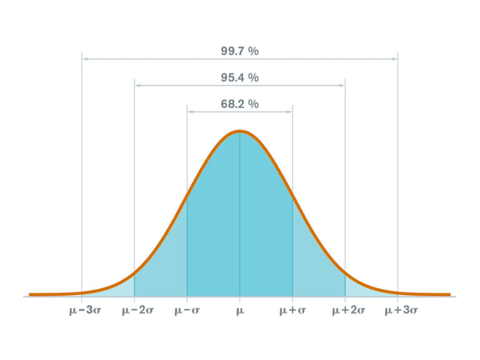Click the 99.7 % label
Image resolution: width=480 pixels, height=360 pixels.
(x=240, y=51)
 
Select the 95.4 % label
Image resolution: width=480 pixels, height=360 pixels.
(x=240, y=78)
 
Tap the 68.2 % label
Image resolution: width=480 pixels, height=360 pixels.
(x=240, y=104)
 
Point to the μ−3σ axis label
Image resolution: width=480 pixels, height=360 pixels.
(x=82, y=311)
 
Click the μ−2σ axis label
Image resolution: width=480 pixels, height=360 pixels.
(x=135, y=311)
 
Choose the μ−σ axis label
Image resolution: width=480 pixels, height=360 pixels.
(x=187, y=311)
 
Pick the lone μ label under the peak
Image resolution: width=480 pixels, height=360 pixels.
(x=240, y=311)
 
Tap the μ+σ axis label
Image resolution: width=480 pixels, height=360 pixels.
(x=292, y=311)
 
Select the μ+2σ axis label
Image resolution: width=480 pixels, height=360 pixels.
(x=345, y=311)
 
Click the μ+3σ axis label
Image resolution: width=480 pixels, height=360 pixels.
(x=398, y=311)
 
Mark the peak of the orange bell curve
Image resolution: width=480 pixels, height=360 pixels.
(x=240, y=131)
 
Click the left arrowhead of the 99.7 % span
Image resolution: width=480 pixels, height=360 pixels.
(x=84, y=59)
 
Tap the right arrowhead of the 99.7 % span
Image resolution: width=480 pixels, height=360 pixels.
(x=396, y=59)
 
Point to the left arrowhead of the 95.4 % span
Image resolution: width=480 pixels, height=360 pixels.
(x=137, y=85)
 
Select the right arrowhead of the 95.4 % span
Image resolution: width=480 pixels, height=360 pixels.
(x=343, y=85)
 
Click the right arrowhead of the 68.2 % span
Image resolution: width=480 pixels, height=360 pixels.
(x=291, y=112)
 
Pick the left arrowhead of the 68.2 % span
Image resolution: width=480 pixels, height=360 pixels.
(x=189, y=112)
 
